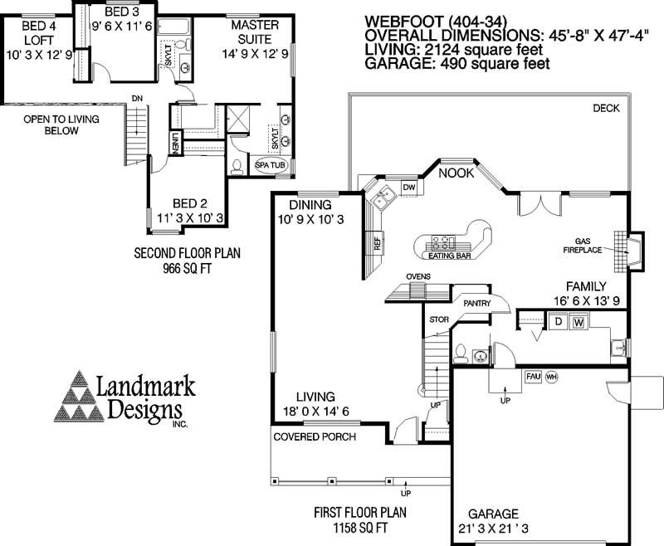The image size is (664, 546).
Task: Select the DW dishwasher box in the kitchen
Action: [408, 188]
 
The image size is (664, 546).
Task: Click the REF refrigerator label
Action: [377, 243]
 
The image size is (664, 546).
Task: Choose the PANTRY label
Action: [477, 304]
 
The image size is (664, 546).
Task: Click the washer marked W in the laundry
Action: [579, 322]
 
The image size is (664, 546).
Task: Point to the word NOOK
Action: [455, 173]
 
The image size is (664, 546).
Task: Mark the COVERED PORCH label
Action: [315, 436]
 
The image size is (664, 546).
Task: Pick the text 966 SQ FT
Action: [187, 270]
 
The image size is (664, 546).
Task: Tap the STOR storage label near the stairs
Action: [437, 319]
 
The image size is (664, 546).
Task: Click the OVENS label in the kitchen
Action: [417, 276]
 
